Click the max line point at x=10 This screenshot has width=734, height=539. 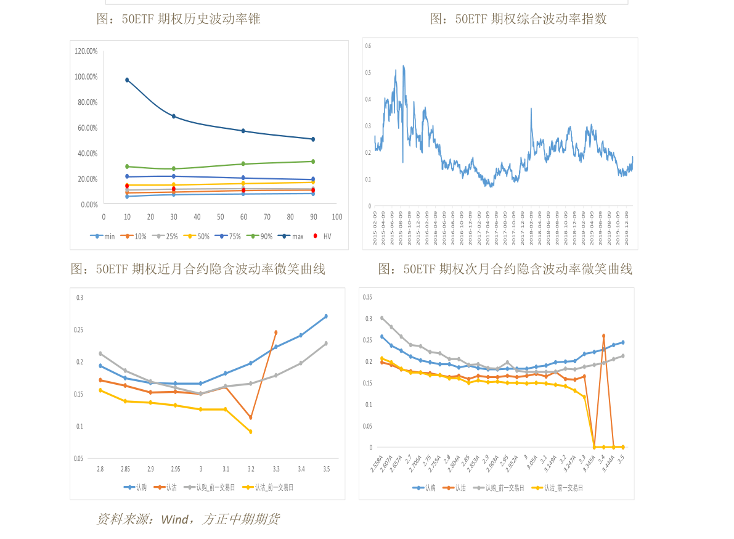click(127, 80)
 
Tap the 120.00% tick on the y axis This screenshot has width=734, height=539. click(86, 51)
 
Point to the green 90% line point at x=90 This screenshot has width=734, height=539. click(313, 162)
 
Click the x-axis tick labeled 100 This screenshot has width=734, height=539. click(336, 217)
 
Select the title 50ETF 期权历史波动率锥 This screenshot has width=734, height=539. click(179, 19)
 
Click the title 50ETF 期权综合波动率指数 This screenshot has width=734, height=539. click(518, 19)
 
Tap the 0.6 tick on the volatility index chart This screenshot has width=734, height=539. click(368, 46)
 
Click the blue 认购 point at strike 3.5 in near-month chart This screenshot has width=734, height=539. click(326, 316)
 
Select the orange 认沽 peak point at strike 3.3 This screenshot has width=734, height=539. click(275, 332)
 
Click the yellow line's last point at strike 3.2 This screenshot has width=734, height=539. click(250, 432)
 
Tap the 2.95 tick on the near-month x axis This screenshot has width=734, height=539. click(175, 469)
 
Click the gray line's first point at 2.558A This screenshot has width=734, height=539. click(381, 318)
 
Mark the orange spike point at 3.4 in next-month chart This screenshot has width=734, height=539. click(603, 336)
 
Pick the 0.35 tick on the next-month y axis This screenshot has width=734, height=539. click(368, 297)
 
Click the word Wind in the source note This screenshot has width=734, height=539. click(174, 520)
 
